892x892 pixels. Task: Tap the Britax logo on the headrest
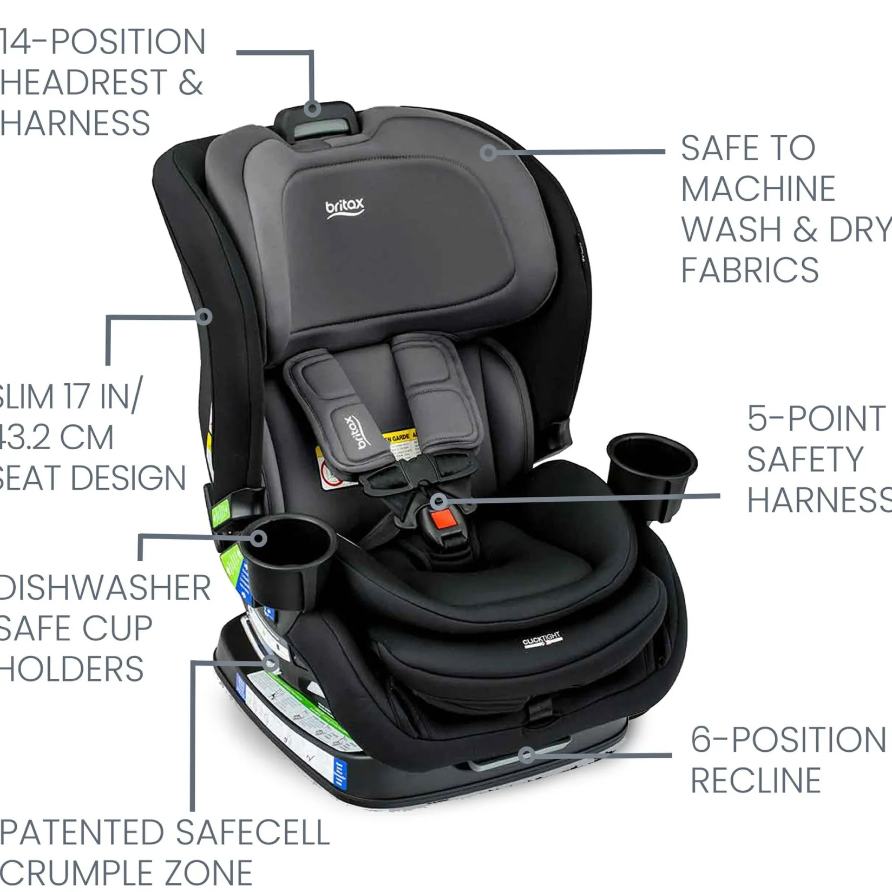tap(345, 208)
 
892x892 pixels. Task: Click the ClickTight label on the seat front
tap(542, 639)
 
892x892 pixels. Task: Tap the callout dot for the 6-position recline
tap(526, 754)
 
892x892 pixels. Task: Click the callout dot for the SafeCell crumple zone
tap(271, 663)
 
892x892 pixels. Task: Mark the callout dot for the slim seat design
tap(204, 317)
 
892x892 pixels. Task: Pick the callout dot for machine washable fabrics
tap(488, 153)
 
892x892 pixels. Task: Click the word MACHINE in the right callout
tap(758, 189)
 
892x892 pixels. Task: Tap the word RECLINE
tap(756, 780)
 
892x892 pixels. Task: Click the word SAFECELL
tap(253, 832)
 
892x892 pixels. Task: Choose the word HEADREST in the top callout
tap(84, 82)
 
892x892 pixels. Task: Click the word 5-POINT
tap(816, 418)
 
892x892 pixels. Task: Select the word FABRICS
tap(750, 270)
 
